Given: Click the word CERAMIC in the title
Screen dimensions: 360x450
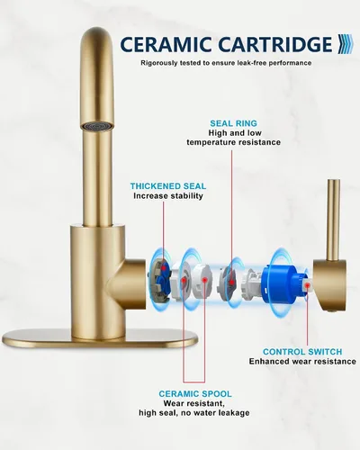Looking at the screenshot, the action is point(166,44).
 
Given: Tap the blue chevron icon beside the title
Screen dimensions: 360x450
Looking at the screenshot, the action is point(346,44).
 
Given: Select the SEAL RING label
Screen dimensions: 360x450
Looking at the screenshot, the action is point(233,123).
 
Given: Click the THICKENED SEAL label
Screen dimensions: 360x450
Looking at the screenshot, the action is point(168,186).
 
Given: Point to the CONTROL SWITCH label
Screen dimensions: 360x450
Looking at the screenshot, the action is point(302,352).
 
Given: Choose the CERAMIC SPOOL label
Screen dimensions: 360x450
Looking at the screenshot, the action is point(195,393).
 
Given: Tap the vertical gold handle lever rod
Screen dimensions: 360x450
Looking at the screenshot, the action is point(334,220).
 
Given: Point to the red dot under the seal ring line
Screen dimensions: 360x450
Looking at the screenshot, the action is point(231,282).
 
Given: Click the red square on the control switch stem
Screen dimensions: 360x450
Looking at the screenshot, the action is point(308,285).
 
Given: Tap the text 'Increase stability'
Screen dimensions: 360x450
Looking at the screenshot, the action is point(168,196).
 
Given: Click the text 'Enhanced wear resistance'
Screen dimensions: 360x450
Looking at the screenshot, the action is point(302,361).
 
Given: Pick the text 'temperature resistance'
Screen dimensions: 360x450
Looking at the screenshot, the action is point(234,142).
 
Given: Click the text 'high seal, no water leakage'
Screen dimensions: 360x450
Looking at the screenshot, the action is point(194,413).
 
